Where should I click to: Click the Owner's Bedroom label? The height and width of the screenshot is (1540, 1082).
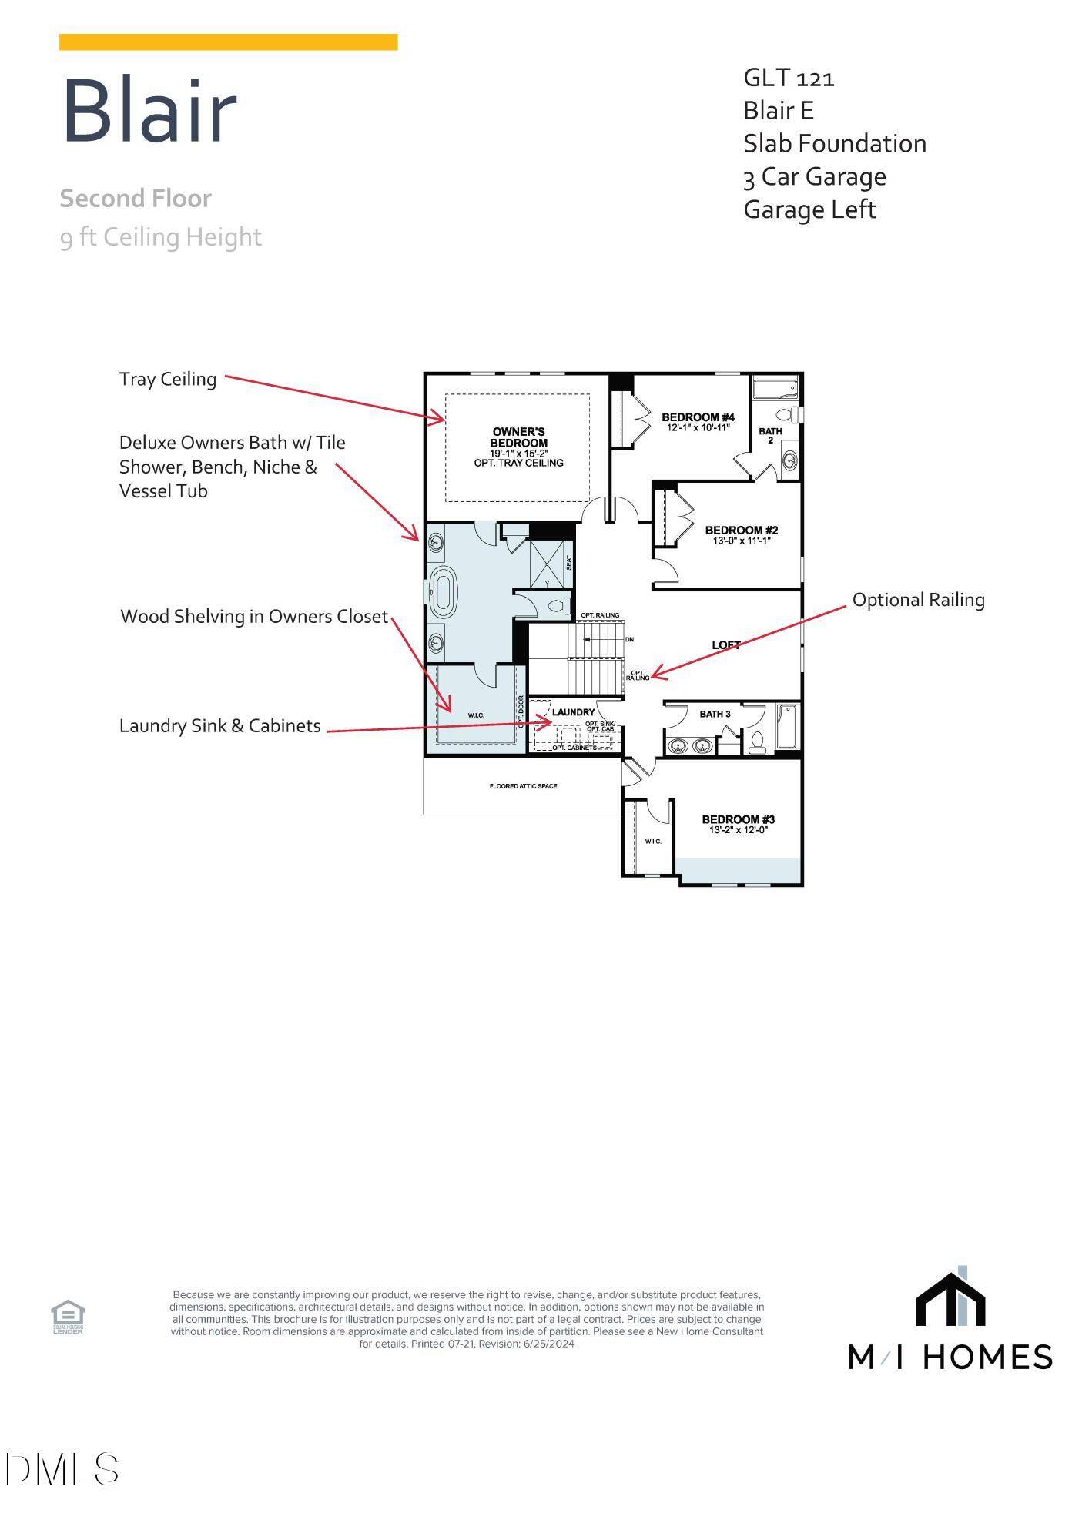(518, 437)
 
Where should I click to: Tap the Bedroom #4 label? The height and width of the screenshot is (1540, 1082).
(698, 417)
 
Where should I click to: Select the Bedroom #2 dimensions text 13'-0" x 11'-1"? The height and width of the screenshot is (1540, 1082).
(741, 541)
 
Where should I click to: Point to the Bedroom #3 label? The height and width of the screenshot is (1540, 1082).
(738, 819)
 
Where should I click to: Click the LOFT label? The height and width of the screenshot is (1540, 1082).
(725, 645)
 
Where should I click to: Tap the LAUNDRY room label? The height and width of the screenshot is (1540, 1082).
(573, 712)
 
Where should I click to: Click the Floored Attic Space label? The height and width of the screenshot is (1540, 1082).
(523, 786)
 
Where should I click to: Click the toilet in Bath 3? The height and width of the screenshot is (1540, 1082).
(756, 741)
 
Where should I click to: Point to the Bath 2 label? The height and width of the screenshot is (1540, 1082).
(770, 435)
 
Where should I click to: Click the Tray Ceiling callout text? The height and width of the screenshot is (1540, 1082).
(167, 379)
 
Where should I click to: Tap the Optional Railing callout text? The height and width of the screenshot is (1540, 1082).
(918, 600)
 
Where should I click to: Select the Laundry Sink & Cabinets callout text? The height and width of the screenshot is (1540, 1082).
(219, 726)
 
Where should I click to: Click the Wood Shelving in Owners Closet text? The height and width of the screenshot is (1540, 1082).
(254, 617)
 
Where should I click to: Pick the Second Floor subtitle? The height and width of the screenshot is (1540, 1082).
(136, 199)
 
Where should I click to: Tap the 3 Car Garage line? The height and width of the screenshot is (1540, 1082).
(814, 177)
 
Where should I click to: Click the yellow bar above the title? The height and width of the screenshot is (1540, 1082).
(228, 42)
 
